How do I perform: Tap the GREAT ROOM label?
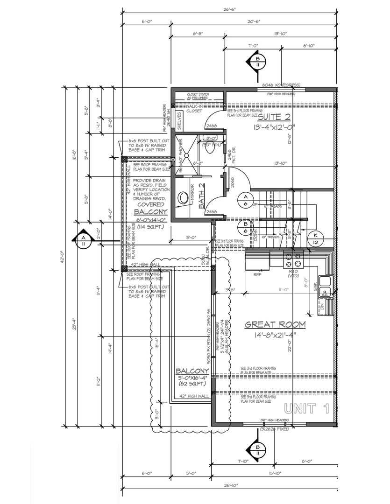point(276,324)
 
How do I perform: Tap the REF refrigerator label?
point(256,275)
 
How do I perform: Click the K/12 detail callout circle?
point(316,238)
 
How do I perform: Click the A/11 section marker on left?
point(83,240)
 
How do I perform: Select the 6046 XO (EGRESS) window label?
point(281,85)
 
